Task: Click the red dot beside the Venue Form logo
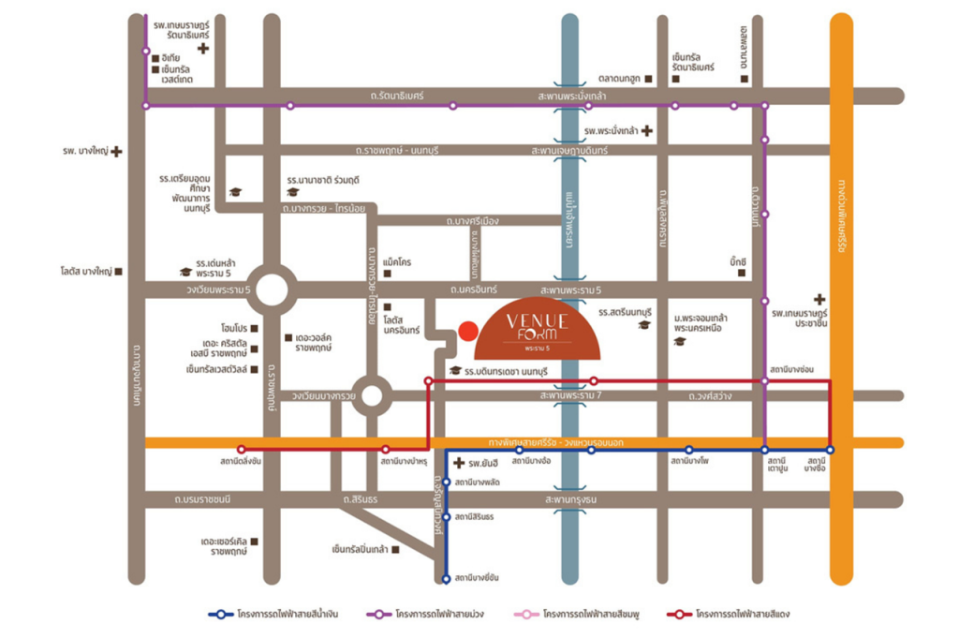[469, 330]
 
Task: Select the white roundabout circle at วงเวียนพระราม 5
[272, 290]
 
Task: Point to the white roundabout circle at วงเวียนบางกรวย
[372, 395]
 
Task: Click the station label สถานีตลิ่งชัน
[242, 462]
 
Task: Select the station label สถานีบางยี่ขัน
[477, 578]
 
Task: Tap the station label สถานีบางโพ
[688, 462]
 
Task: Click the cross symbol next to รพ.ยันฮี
[458, 463]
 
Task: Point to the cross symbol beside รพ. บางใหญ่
[116, 151]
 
